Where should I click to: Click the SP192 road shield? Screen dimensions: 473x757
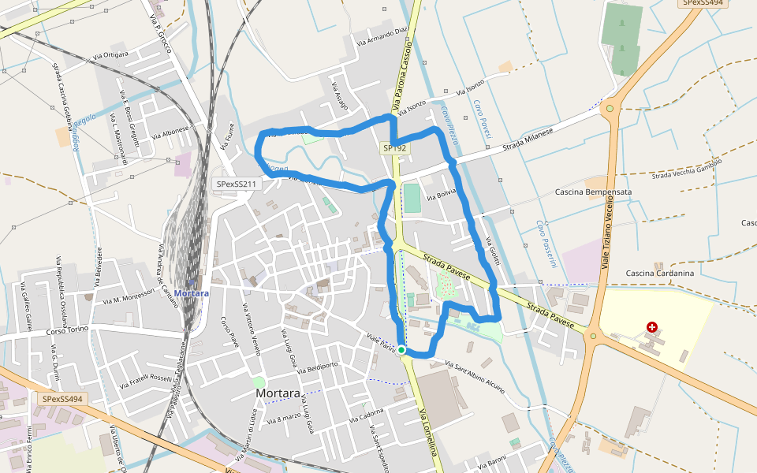coord(394,147)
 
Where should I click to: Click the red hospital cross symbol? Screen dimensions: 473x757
coord(651,327)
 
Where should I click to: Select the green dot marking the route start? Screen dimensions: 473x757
coord(401,349)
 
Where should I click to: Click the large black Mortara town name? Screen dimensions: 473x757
coord(278,393)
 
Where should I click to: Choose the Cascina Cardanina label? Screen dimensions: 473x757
coord(659,274)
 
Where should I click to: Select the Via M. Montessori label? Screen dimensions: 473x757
coord(128,298)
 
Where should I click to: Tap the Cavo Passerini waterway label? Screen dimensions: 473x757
coord(543,243)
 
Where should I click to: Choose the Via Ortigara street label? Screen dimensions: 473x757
coord(110,55)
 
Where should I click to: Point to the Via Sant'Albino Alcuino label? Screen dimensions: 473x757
coord(475,376)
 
